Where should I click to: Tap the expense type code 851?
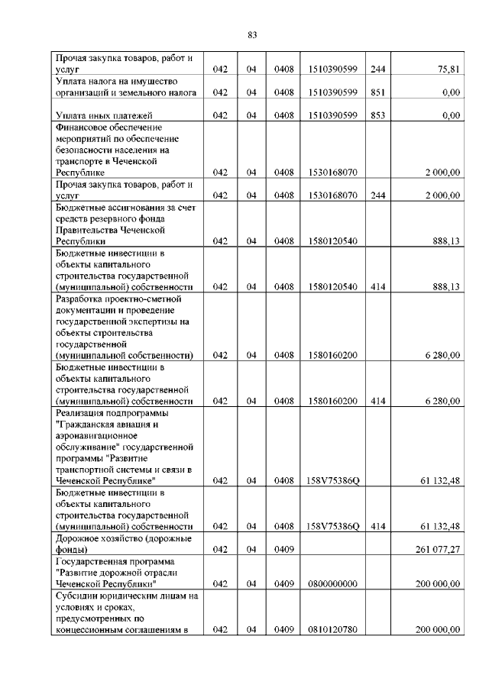tap(377, 92)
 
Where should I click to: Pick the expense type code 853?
tap(377, 115)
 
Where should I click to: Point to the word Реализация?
tap(83, 412)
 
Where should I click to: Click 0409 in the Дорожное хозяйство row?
tap(283, 549)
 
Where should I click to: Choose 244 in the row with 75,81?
tap(377, 69)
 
